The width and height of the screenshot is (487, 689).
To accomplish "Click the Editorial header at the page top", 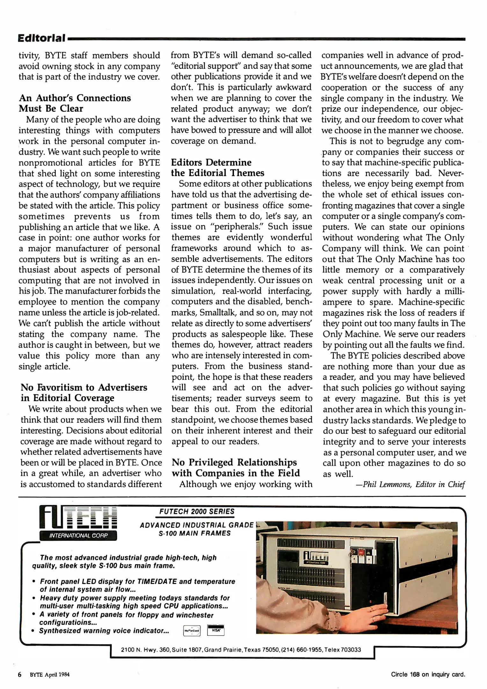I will pos(42,38).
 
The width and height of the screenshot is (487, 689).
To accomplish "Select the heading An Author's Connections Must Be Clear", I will pos(75,103).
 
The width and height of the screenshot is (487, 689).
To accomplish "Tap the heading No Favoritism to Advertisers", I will pos(84,393).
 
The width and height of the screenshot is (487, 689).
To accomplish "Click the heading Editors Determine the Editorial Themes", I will pos(217,168).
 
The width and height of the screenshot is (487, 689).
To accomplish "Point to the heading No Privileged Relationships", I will pos(236,468).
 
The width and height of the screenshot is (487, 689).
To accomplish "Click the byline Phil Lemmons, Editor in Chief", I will pos(410,485).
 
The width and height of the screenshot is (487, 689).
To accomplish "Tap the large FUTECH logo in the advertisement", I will pos(78,517).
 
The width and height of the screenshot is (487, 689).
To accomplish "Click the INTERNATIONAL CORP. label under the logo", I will pos(78,536).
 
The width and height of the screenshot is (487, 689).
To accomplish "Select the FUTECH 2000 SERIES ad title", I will pos(197,512).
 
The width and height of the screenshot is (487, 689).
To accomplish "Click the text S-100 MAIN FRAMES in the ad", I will pos(194,533).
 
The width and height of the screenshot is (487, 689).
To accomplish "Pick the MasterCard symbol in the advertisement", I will pos(192,631).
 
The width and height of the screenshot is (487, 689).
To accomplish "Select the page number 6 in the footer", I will pos(20,675).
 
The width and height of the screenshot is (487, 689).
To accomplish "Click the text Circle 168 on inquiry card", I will pos(428,674).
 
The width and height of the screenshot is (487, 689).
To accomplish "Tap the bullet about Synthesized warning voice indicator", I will pos(104,631).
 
